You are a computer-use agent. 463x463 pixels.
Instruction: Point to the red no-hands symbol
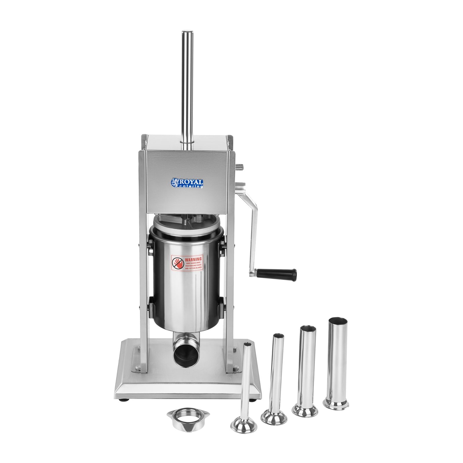178,263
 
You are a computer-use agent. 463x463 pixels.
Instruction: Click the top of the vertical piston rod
187,31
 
